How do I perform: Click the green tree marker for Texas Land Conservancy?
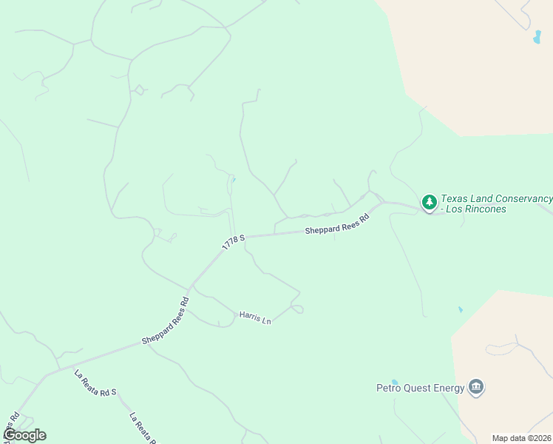click(x=429, y=202)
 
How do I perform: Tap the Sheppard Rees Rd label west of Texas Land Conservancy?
click(x=336, y=226)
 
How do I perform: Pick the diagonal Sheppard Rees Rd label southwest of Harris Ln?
click(x=166, y=321)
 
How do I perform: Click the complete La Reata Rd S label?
click(x=95, y=383)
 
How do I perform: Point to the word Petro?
click(x=389, y=388)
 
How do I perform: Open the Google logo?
click(x=24, y=435)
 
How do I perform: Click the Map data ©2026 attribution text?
click(x=521, y=438)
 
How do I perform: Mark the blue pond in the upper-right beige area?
click(x=537, y=38)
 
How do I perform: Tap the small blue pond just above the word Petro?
click(x=395, y=381)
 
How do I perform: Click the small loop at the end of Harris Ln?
click(x=297, y=309)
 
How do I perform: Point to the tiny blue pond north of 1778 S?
click(x=234, y=179)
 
